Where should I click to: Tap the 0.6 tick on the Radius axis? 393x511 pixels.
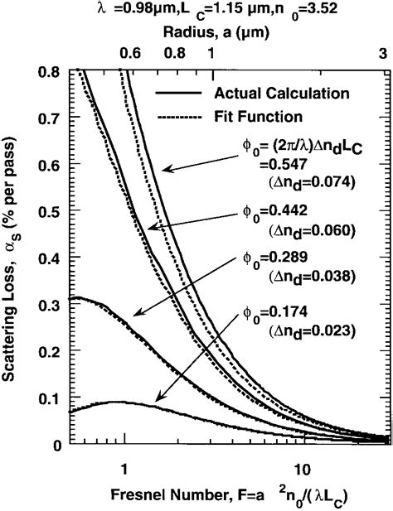click(x=132, y=53)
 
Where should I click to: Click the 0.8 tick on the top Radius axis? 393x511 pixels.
click(x=176, y=53)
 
